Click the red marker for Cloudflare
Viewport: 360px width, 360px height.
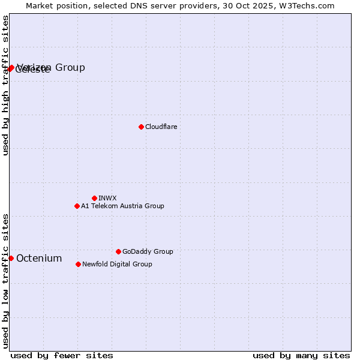[x=141, y=127]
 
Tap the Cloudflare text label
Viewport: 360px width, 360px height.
[x=161, y=127]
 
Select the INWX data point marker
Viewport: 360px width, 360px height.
[x=94, y=198]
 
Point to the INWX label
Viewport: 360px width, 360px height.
[x=107, y=198]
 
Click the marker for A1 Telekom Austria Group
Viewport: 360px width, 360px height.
[x=77, y=206]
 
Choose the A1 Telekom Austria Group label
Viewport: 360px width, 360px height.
[x=122, y=206]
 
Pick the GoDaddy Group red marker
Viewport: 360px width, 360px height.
[x=118, y=251]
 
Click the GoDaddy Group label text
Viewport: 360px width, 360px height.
[x=148, y=251]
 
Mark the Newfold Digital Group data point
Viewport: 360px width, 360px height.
[x=78, y=264]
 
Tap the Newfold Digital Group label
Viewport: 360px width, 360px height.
[x=117, y=264]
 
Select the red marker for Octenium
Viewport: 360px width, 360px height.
[x=11, y=258]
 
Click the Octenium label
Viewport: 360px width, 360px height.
[x=39, y=259]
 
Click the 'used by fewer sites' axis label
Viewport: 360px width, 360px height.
[x=62, y=355]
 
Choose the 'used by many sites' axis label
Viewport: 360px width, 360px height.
[x=301, y=355]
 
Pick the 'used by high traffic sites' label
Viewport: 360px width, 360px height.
[x=5, y=85]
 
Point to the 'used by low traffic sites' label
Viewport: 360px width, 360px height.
[x=5, y=280]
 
